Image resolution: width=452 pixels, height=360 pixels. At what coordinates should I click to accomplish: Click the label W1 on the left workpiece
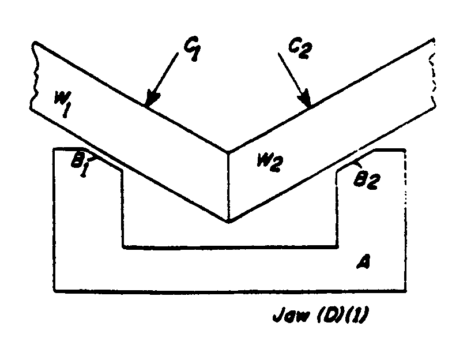click(62, 104)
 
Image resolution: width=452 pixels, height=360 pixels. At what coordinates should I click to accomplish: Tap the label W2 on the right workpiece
click(270, 163)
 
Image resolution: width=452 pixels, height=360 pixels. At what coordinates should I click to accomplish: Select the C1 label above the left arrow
click(191, 51)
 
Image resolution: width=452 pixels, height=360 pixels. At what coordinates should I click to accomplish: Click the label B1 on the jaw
click(80, 165)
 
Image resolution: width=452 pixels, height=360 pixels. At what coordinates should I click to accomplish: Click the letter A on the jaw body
click(363, 262)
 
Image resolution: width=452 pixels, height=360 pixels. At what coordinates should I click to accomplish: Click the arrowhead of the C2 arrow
click(305, 99)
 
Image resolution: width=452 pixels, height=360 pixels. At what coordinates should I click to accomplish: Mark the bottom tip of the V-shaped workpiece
click(229, 223)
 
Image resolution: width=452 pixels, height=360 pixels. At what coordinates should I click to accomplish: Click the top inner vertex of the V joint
click(228, 151)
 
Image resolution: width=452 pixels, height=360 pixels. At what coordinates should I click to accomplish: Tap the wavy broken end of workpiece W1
click(34, 76)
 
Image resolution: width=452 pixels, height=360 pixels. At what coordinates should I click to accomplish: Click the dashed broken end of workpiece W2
click(432, 73)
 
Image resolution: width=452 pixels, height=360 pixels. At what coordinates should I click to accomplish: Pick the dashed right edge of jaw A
click(405, 220)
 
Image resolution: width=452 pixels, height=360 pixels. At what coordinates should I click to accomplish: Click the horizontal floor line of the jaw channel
click(231, 247)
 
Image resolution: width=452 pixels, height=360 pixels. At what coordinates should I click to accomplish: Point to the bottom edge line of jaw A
click(229, 291)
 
